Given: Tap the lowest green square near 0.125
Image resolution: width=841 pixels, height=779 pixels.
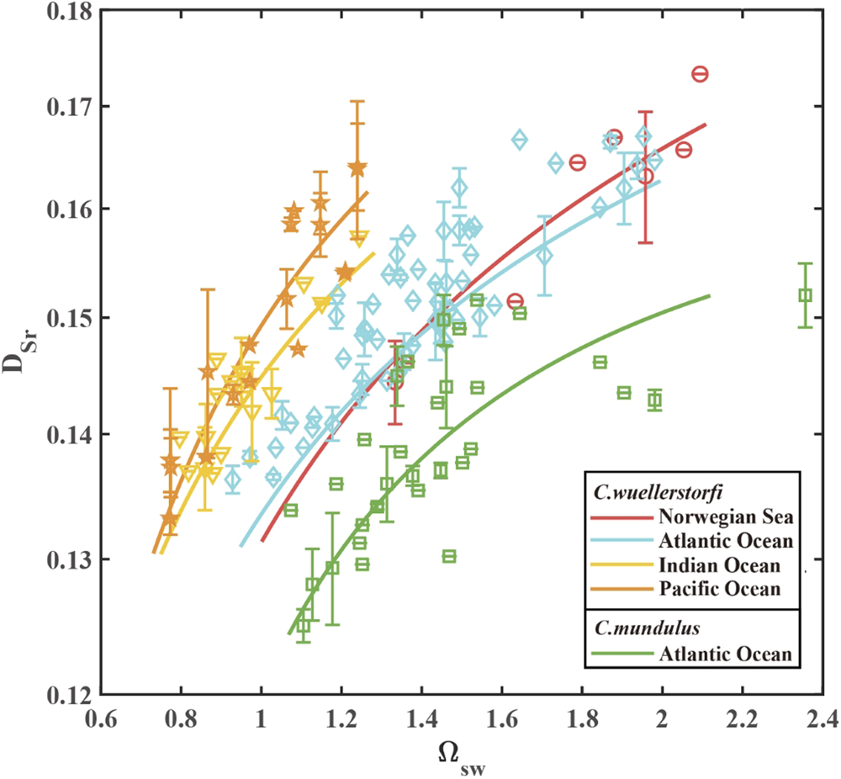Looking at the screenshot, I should (304, 626).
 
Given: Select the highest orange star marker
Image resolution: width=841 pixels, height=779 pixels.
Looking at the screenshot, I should (357, 168).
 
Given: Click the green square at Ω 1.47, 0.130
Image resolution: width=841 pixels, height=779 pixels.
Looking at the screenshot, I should (449, 556).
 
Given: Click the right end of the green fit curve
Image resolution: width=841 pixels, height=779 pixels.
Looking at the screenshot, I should (711, 295).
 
